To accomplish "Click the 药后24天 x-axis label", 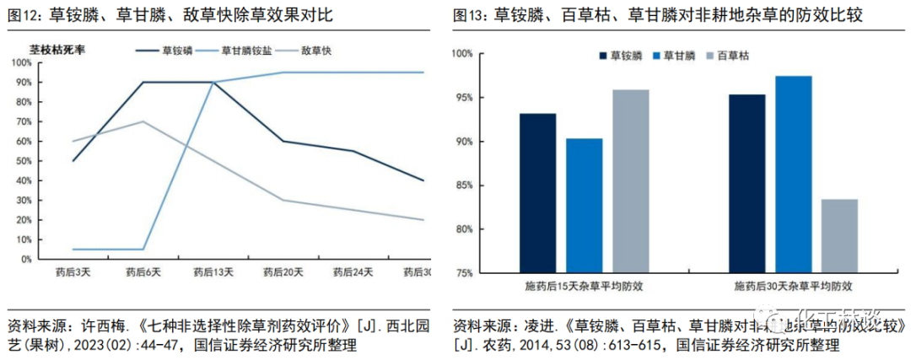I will pyautogui.click(x=350, y=272).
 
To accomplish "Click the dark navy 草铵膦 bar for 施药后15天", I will pyautogui.click(x=537, y=193).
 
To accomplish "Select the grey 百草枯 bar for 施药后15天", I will pyautogui.click(x=630, y=181).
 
